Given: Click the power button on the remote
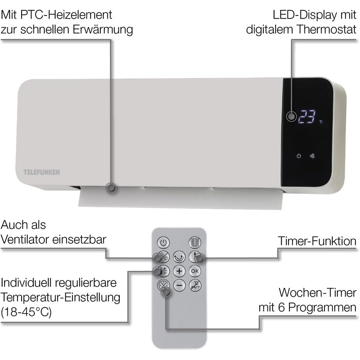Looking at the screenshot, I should pos(163,242).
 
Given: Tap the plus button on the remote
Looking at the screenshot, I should pos(179,271).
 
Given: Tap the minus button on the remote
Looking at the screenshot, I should pos(179,285).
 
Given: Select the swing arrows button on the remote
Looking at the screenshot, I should pos(179,257).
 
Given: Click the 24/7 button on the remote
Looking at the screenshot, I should pos(195,285).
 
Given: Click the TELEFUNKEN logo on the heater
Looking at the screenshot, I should pos(42,172).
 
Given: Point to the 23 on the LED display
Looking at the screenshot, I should pos(307,117).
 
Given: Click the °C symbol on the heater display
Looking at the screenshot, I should pos(320,122).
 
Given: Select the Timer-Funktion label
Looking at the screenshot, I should pos(317,241).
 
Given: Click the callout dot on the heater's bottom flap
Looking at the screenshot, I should pos(111,188).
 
